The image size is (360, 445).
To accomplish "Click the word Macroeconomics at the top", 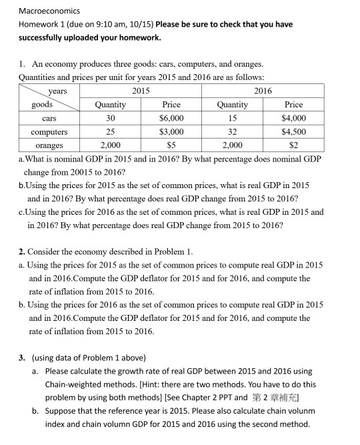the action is [x=49, y=11].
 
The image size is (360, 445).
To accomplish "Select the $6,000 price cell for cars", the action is [x=171, y=118].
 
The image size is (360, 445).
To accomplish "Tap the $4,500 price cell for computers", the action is [x=293, y=131].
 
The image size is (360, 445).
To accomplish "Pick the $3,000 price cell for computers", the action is [x=171, y=131].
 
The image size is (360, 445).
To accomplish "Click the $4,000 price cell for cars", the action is [x=293, y=118].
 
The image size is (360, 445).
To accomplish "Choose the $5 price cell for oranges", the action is [x=171, y=145].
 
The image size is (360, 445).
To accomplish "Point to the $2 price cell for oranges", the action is [x=293, y=145].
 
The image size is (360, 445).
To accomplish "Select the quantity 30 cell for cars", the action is [x=111, y=118].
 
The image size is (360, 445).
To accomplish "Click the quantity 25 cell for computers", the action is [x=111, y=131].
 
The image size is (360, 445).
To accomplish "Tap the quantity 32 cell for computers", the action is [x=232, y=131].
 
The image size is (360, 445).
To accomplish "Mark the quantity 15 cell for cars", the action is [x=232, y=118].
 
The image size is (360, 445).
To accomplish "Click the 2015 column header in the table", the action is [x=141, y=91].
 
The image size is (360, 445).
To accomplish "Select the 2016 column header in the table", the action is [x=263, y=91].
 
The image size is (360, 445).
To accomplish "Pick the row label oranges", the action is [x=49, y=145].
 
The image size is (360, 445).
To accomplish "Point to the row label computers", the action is [x=49, y=131].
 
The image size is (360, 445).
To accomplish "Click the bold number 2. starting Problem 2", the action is [x=23, y=252].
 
